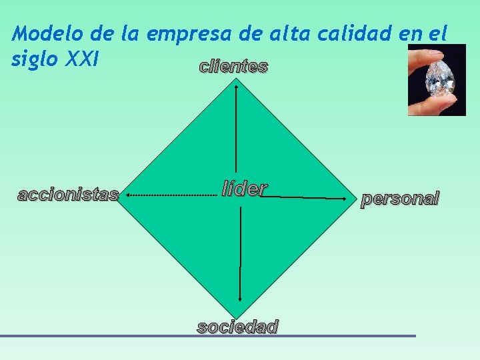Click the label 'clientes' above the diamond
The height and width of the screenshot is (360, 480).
pos(233,67)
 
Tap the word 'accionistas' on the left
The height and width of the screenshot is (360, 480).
pos(68,195)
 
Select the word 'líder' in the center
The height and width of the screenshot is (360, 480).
pos(245,189)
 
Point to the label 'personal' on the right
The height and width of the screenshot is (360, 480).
pos(400,198)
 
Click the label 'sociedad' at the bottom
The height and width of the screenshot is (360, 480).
pos(237,327)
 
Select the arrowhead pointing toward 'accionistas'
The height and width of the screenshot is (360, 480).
pos(128,195)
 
